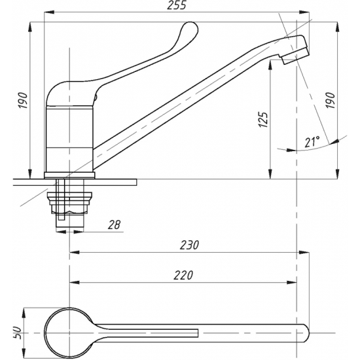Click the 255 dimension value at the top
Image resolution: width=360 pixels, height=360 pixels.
[x=176, y=5]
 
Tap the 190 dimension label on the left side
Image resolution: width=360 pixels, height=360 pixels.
[x=23, y=101]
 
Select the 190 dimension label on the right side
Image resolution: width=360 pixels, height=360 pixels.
[x=330, y=101]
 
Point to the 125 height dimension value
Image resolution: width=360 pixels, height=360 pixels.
[x=263, y=120]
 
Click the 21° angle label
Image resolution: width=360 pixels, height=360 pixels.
[x=312, y=142]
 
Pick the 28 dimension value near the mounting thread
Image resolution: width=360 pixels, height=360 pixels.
[x=114, y=225]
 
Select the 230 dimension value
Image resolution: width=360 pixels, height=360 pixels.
[x=189, y=245]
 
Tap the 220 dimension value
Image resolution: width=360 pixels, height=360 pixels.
[x=183, y=275]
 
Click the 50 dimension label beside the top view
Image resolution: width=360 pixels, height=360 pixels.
[x=18, y=333]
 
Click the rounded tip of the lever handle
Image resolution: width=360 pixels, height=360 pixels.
[x=190, y=28]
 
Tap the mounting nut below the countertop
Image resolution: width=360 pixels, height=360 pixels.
[x=70, y=202]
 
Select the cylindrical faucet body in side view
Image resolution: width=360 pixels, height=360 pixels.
[x=69, y=139]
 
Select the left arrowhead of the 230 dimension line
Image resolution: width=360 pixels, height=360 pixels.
[x=75, y=252]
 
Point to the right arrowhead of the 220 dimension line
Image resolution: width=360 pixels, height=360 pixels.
[x=291, y=282]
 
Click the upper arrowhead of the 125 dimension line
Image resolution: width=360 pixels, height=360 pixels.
[x=271, y=65]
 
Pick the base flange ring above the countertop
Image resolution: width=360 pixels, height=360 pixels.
[x=69, y=175]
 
